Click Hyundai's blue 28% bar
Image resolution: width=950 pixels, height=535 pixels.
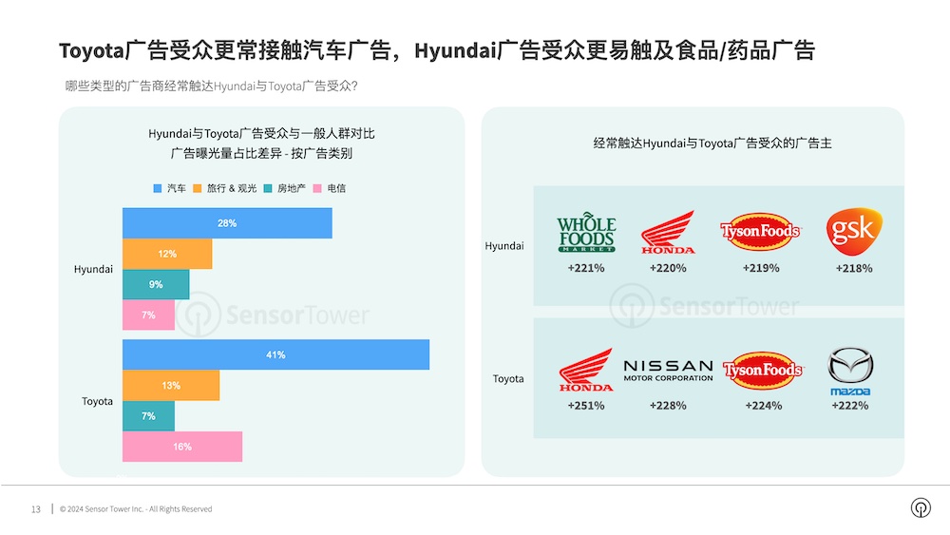[x=227, y=223]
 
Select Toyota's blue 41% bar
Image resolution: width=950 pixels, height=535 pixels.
[x=275, y=354]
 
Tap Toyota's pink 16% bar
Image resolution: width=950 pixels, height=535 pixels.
[x=182, y=447]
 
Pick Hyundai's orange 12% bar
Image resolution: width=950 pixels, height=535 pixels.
[x=167, y=254]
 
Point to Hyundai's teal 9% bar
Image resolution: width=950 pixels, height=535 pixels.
[x=156, y=284]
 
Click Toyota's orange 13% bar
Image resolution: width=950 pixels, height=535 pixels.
[x=171, y=386]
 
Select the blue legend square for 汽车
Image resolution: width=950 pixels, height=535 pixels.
[x=158, y=188]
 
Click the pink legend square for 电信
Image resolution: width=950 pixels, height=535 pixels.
[x=317, y=188]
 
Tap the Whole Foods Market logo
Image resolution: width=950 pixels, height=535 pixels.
[x=586, y=232]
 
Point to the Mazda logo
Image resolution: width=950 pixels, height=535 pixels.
[x=850, y=372]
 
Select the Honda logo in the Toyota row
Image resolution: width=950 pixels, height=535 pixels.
[x=586, y=370]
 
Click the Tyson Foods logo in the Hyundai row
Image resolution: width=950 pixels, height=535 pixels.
[x=760, y=232]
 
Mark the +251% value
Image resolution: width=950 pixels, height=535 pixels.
[x=586, y=406]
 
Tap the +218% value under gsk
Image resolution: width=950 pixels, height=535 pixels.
[x=854, y=268]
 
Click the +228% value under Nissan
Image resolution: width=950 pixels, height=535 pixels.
[x=668, y=406]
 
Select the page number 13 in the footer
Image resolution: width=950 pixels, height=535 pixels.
[x=36, y=509]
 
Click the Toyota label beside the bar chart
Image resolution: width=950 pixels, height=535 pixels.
[x=97, y=401]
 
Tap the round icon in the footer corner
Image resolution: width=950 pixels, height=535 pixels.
[x=921, y=507]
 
